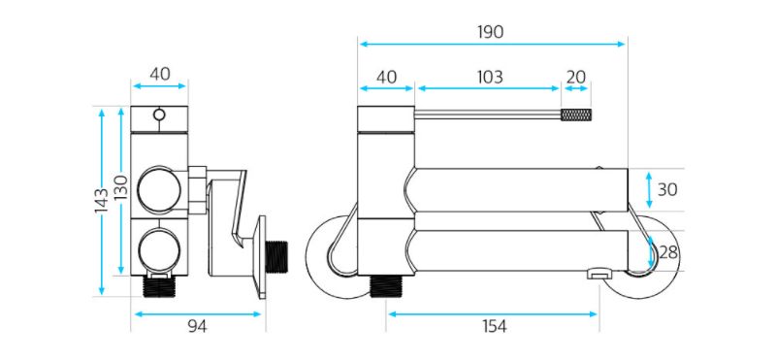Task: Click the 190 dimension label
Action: click(x=491, y=32)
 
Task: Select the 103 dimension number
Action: click(x=490, y=78)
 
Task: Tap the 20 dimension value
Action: click(x=576, y=78)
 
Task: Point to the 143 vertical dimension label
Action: click(x=102, y=201)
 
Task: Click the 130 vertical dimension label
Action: click(x=122, y=187)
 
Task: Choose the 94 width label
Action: click(x=198, y=326)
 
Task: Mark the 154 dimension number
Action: click(x=494, y=326)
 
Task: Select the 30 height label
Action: click(x=667, y=189)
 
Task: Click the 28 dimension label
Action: click(x=668, y=252)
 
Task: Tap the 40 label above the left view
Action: click(x=160, y=75)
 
